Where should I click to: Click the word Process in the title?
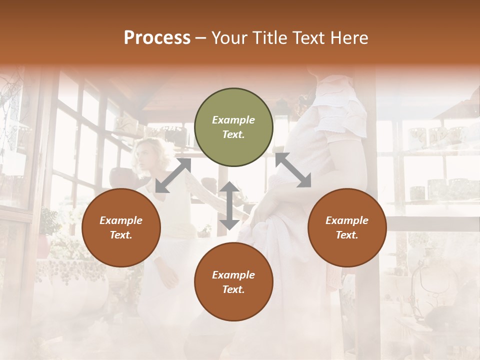click(x=157, y=38)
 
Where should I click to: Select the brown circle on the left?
click(x=121, y=227)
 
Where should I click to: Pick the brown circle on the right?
click(x=347, y=227)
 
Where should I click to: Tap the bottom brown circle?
click(x=233, y=281)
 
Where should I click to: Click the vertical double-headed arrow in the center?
click(x=229, y=206)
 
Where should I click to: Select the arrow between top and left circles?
click(x=173, y=175)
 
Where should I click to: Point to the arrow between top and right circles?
click(x=293, y=170)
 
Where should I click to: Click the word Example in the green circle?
click(x=233, y=120)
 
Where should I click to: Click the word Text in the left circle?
click(x=121, y=235)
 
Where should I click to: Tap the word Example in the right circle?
click(x=347, y=220)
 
